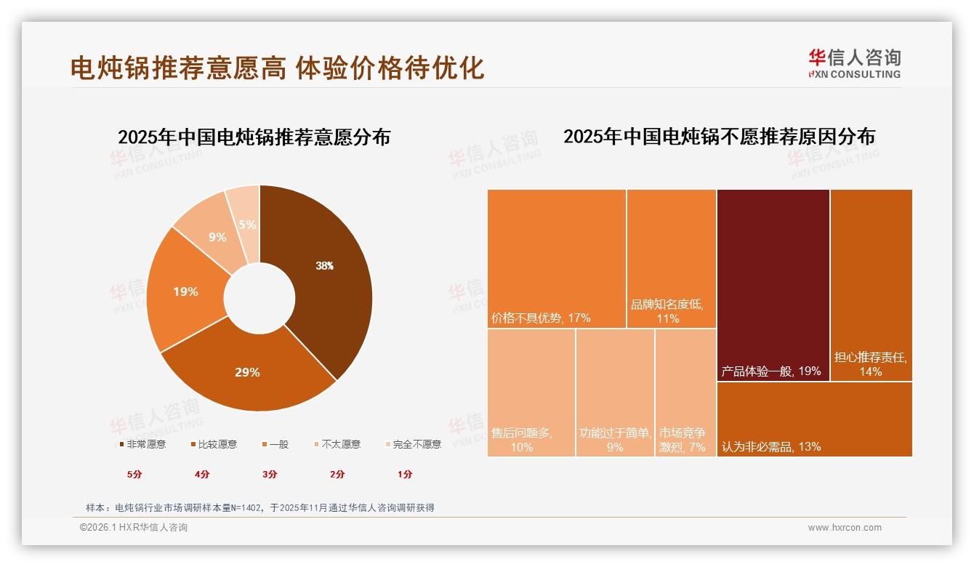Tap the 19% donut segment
[185, 291]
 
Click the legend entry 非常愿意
[142, 444]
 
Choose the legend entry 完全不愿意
[412, 444]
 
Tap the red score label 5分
[134, 474]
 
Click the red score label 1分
[405, 474]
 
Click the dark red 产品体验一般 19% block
[773, 283]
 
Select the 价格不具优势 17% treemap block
[557, 258]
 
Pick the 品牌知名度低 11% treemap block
[671, 258]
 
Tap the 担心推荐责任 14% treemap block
[871, 283]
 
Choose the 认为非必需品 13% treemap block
[814, 419]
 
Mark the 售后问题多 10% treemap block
[531, 393]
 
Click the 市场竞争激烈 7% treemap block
[685, 393]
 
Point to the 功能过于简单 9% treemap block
[615, 393]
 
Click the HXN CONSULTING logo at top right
[854, 64]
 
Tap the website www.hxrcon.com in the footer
[845, 528]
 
